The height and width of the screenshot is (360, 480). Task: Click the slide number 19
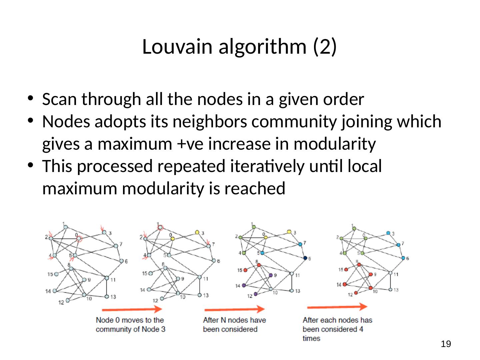coord(446,344)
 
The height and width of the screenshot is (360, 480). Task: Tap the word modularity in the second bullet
coord(334,144)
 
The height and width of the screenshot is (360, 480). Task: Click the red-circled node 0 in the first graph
coord(79,239)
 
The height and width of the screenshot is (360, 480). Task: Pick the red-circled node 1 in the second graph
coord(160,227)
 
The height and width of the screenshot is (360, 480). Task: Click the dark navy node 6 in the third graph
coord(305,258)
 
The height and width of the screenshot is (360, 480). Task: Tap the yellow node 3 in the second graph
coord(197,232)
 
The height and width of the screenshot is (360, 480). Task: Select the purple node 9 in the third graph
coord(271,275)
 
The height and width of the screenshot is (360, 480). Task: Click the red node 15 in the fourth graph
coord(346,269)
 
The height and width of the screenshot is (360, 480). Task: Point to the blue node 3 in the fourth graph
coord(388,233)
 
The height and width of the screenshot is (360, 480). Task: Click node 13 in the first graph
coord(107,296)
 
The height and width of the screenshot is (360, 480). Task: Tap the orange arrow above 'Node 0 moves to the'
coord(132,309)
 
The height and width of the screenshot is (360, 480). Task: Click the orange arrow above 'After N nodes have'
coord(234,309)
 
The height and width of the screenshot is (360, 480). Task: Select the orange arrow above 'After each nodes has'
coord(337,307)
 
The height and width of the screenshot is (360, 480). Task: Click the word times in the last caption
coord(311,338)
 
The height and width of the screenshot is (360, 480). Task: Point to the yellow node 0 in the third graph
coord(266,238)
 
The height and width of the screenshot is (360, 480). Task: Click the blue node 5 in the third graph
coord(262,253)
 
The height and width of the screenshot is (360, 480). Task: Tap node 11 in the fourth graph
coord(390,273)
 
